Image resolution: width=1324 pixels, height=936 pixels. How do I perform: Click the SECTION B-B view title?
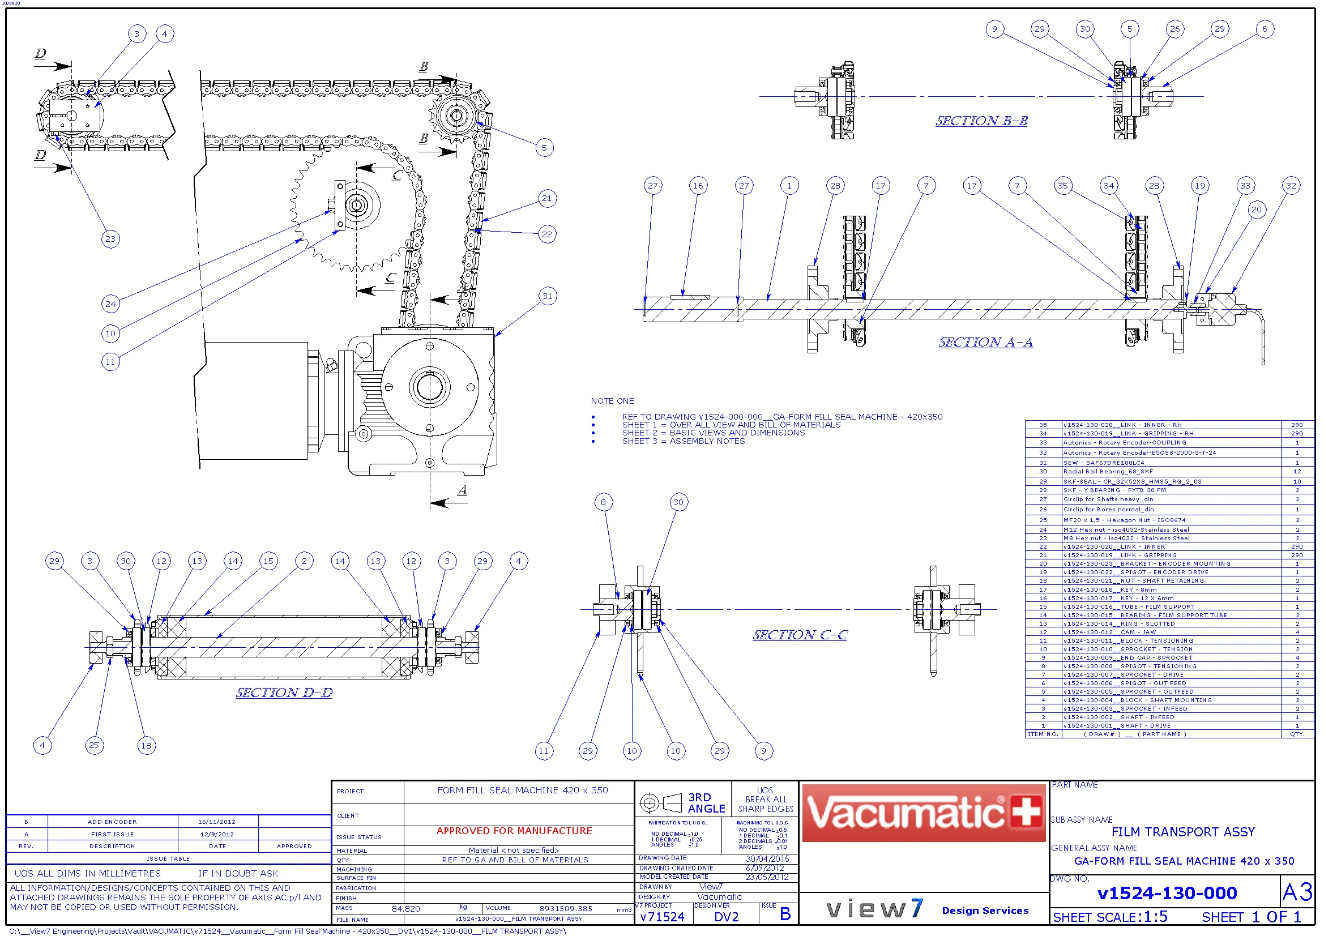[x=981, y=121]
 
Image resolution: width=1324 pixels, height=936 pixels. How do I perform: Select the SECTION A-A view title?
[x=985, y=343]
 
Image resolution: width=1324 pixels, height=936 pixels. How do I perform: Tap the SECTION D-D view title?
[x=284, y=693]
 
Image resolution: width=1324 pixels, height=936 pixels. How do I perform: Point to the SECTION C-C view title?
[x=800, y=635]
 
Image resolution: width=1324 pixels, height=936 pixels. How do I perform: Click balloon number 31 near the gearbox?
[x=547, y=297]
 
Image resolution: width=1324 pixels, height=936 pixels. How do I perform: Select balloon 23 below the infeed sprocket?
[x=110, y=240]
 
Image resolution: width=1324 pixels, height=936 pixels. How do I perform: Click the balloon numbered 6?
[x=1265, y=29]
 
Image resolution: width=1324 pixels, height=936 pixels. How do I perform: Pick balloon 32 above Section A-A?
[x=1291, y=186]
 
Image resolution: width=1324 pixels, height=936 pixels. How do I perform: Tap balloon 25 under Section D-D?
[x=94, y=746]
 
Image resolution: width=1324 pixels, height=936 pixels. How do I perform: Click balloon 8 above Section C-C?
[x=603, y=503]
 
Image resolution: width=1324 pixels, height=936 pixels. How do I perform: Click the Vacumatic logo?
[x=923, y=813]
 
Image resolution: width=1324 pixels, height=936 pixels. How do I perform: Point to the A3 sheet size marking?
[x=1297, y=894]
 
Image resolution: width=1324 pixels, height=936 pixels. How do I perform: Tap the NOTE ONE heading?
[x=612, y=401]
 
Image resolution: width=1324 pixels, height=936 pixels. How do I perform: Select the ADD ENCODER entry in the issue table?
[x=113, y=822]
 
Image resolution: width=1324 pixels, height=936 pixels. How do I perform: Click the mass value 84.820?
[x=406, y=909]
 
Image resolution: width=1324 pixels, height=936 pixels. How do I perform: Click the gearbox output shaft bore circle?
[x=430, y=387]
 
